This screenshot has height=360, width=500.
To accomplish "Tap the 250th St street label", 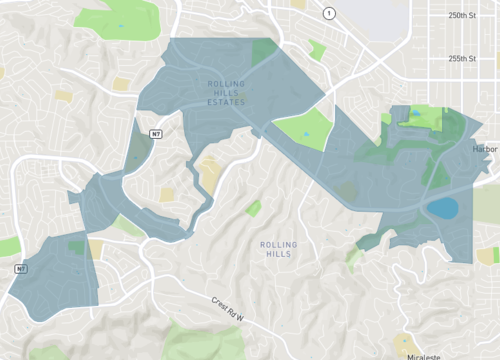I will point(463,16).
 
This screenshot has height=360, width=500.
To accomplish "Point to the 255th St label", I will point(463,58).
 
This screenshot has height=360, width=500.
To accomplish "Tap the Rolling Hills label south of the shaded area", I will point(278,249).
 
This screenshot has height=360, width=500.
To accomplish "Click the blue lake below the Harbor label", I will point(442,208).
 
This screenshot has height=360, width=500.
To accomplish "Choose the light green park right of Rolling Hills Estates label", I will point(303,129).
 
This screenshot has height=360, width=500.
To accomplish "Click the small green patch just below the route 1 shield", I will point(317,48).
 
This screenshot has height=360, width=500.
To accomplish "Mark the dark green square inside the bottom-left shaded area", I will point(77,246).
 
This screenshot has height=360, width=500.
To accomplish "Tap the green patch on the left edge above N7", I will point(8,246).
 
